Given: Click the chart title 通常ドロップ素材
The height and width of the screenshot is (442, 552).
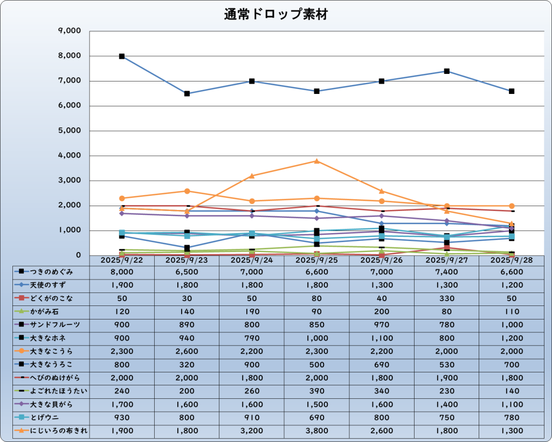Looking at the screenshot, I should pyautogui.click(x=275, y=15).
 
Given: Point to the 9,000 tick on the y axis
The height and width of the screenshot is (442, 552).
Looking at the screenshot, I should pyautogui.click(x=69, y=31).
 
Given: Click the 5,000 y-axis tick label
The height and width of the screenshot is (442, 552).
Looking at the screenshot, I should pyautogui.click(x=69, y=131).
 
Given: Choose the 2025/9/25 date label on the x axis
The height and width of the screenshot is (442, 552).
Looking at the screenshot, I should pyautogui.click(x=317, y=260).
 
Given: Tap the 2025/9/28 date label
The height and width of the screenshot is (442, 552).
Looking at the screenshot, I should pyautogui.click(x=511, y=260).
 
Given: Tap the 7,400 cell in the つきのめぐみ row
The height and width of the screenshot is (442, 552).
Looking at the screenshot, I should pyautogui.click(x=446, y=273).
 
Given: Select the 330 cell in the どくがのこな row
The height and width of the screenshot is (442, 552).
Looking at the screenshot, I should pyautogui.click(x=446, y=298).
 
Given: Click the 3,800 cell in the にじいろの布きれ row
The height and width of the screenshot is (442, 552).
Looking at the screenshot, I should pyautogui.click(x=317, y=430).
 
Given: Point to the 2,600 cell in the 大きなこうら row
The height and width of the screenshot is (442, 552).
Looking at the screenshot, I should pyautogui.click(x=187, y=351).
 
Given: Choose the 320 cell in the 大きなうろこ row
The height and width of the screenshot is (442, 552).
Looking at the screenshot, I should pyautogui.click(x=187, y=364).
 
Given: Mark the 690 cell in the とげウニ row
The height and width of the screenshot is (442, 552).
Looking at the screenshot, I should pyautogui.click(x=317, y=417).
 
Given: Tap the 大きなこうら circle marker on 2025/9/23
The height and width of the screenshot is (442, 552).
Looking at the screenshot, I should pyautogui.click(x=187, y=191).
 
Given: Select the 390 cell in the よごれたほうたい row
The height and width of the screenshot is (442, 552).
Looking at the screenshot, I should pyautogui.click(x=317, y=391).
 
